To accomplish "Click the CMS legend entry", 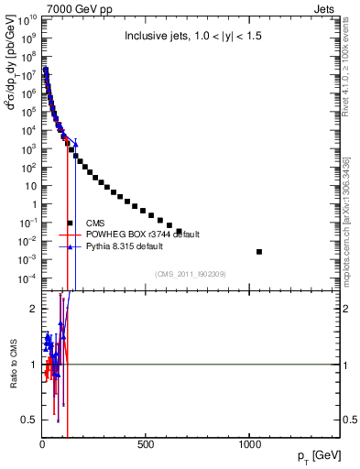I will [95, 223].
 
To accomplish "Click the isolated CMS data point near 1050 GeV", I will [259, 251].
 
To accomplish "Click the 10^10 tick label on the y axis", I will [26, 19].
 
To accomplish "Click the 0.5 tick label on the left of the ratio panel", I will [28, 420].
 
